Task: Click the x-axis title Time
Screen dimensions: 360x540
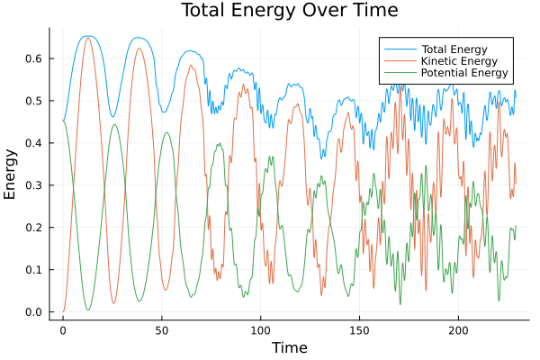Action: coord(290,347)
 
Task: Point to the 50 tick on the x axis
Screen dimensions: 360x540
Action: coord(162,330)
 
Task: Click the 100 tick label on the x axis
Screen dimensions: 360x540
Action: coord(261,330)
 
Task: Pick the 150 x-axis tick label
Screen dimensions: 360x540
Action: coord(360,330)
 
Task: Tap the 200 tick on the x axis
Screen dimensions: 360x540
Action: coord(459,330)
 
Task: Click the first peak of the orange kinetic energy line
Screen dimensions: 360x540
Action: coord(88,38)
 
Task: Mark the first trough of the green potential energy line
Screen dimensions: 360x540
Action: coord(88,310)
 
